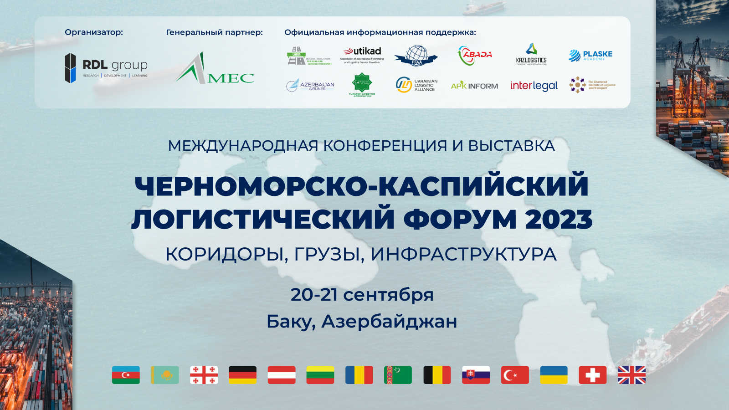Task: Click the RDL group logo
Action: click(x=106, y=68)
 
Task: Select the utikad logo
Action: click(x=362, y=55)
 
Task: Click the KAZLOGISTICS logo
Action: click(x=531, y=55)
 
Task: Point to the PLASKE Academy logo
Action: click(x=590, y=55)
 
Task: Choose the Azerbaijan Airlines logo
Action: click(x=310, y=86)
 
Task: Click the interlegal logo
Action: click(x=534, y=86)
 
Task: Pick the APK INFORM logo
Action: click(x=474, y=86)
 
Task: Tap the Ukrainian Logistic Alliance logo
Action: click(x=416, y=85)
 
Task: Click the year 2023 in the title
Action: click(x=559, y=219)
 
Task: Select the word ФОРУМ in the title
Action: click(x=460, y=219)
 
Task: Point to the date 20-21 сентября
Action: click(x=362, y=294)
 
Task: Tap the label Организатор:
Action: click(x=94, y=32)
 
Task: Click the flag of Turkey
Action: click(x=515, y=375)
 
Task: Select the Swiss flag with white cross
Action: click(x=592, y=375)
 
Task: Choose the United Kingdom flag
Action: click(x=631, y=375)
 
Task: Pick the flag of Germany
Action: click(x=242, y=375)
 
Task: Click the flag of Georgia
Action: click(x=204, y=375)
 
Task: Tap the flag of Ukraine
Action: click(x=554, y=375)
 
